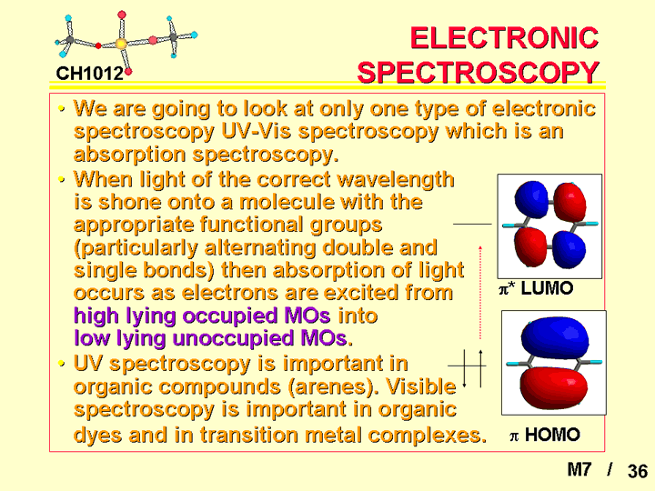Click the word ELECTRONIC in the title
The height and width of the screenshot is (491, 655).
click(x=505, y=38)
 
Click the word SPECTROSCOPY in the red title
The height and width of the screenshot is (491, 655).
click(x=479, y=72)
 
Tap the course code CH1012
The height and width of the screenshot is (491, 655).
click(x=90, y=74)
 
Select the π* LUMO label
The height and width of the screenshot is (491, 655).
click(x=536, y=288)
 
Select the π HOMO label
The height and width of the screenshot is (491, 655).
click(x=545, y=435)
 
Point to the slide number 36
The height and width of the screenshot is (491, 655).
click(x=638, y=471)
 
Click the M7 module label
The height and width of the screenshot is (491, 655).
click(x=579, y=470)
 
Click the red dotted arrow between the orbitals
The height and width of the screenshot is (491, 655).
click(x=480, y=292)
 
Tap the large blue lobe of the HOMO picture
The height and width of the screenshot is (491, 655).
click(x=555, y=336)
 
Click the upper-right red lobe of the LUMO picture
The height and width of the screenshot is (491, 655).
click(x=569, y=201)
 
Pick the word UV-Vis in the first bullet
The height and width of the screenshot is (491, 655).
click(x=256, y=132)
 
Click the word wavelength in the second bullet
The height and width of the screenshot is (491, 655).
click(x=395, y=180)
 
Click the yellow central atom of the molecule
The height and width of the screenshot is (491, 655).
click(x=121, y=44)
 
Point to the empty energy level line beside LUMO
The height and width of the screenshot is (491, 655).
click(x=472, y=225)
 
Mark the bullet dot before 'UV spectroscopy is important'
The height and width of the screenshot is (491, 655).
click(x=62, y=364)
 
